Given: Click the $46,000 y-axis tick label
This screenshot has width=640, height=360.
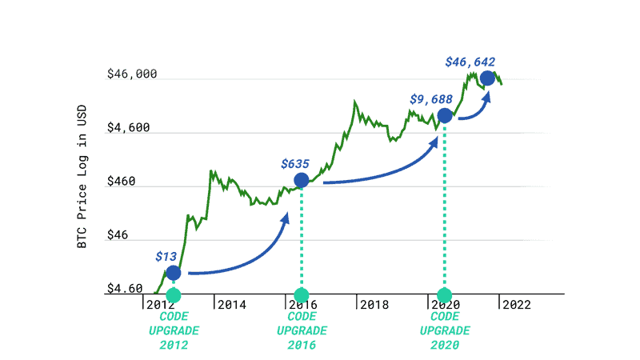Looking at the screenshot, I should click(x=132, y=74).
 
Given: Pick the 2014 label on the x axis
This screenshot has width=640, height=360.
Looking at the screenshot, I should click(x=231, y=305).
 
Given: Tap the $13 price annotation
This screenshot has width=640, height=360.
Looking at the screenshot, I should click(x=166, y=257).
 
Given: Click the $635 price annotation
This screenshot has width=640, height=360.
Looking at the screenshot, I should click(x=295, y=163).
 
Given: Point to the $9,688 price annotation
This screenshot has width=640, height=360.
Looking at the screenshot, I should click(x=431, y=99).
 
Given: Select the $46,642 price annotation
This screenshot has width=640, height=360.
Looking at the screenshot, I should click(x=470, y=61).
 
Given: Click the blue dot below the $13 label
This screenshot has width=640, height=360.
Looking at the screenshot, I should click(x=174, y=273).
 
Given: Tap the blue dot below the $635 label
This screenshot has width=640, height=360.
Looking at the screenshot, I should click(x=301, y=180).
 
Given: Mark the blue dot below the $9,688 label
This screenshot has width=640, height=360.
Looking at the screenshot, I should click(x=444, y=115).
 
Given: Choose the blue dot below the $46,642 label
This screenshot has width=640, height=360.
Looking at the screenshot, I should click(x=486, y=78).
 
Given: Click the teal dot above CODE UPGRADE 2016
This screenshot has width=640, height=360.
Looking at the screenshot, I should click(x=301, y=295).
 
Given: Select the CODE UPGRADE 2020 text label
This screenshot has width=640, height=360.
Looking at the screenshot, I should click(x=444, y=330).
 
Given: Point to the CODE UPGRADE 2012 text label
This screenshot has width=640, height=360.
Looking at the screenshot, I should click(x=174, y=330).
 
